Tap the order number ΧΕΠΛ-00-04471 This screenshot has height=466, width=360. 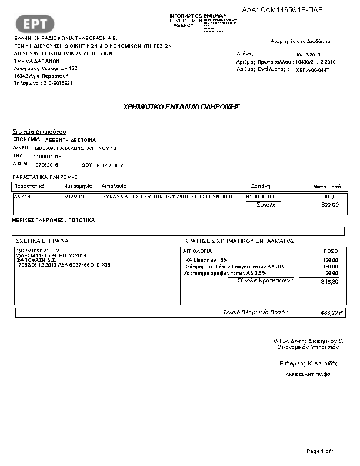pos(314,69)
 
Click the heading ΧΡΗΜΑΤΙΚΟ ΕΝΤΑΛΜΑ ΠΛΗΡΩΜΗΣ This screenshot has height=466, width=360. pos(181,107)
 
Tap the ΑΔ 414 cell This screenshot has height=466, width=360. pos(22,197)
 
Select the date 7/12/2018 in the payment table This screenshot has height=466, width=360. pos(75,197)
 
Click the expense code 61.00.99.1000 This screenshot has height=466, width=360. pos(262,197)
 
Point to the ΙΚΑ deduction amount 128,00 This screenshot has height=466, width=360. pos(331,259)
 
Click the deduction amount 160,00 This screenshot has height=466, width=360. pos(331,267)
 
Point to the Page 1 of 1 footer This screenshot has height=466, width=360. pos(321,451)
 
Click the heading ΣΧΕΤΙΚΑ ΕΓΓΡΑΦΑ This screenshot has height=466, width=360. pos(43,241)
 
